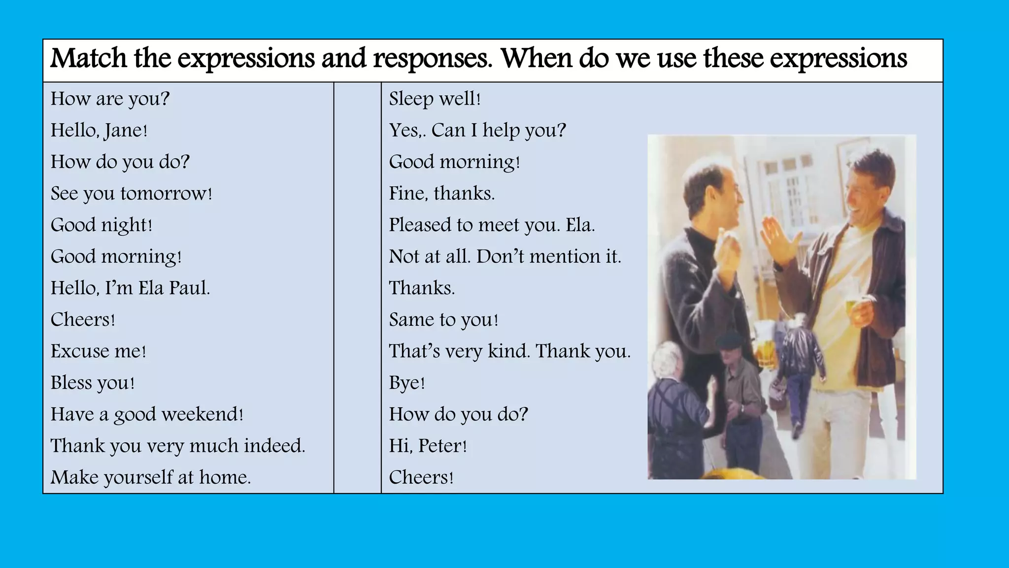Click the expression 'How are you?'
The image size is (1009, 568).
coord(110,99)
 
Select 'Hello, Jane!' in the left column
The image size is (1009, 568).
coord(99,130)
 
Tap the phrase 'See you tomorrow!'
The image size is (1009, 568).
coord(131,193)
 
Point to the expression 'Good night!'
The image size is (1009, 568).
coord(101,225)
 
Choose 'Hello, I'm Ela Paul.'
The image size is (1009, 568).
coord(130,288)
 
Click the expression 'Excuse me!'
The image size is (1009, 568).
coord(99,351)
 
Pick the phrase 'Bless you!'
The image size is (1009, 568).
coord(93,383)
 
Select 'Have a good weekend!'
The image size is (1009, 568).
coord(147,414)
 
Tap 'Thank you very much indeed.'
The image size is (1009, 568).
coord(178,446)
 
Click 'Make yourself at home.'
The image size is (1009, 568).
coord(151,477)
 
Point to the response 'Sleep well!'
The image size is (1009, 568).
coord(435,99)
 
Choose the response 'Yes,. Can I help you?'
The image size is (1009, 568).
coord(477,130)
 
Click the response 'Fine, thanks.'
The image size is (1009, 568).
coord(441,193)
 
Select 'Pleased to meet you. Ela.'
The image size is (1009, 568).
coord(492,225)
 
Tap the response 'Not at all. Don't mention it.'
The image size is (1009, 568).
coord(505,256)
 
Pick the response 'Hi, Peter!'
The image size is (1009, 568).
coord(428,446)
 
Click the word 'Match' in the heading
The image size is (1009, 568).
coord(89,58)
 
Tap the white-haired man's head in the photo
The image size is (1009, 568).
coord(668,362)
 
